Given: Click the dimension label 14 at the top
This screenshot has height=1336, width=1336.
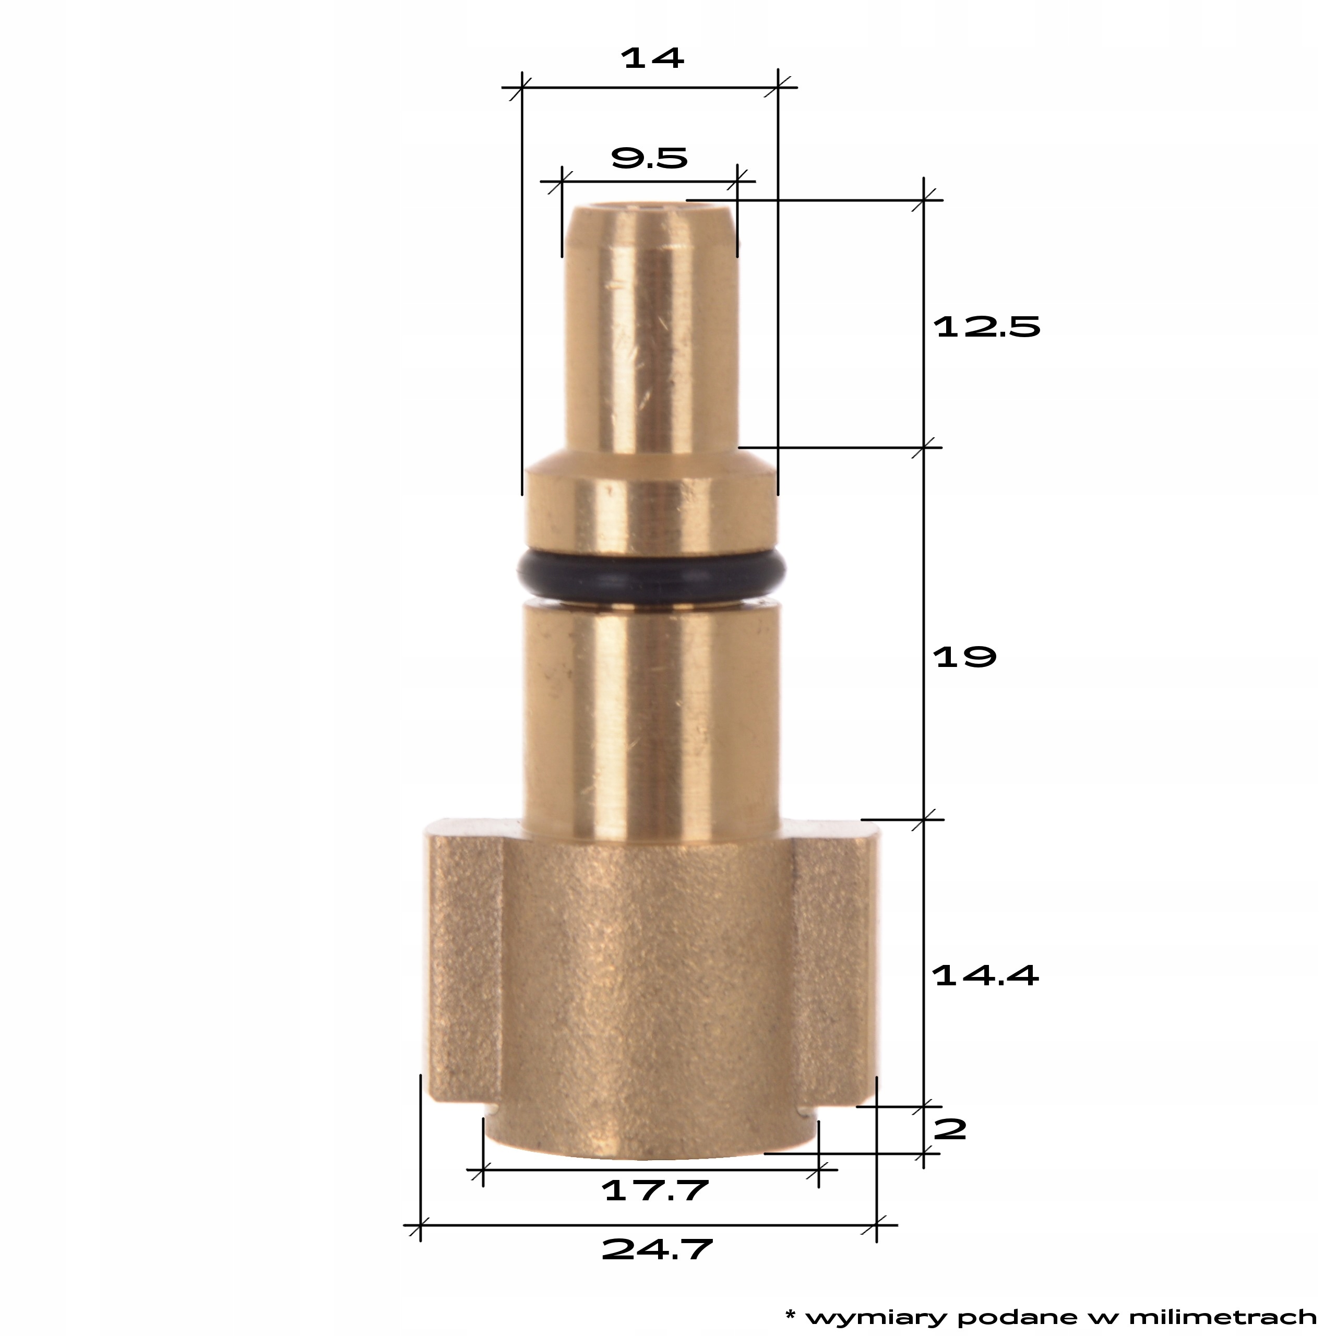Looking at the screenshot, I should tap(653, 58).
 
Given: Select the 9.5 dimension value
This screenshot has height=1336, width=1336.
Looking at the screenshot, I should tap(649, 159).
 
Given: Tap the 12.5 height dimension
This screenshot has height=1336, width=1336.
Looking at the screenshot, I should tap(987, 327).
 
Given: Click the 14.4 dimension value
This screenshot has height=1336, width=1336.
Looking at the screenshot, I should tap(985, 976).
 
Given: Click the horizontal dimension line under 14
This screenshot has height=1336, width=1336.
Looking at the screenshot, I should tap(650, 88).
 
